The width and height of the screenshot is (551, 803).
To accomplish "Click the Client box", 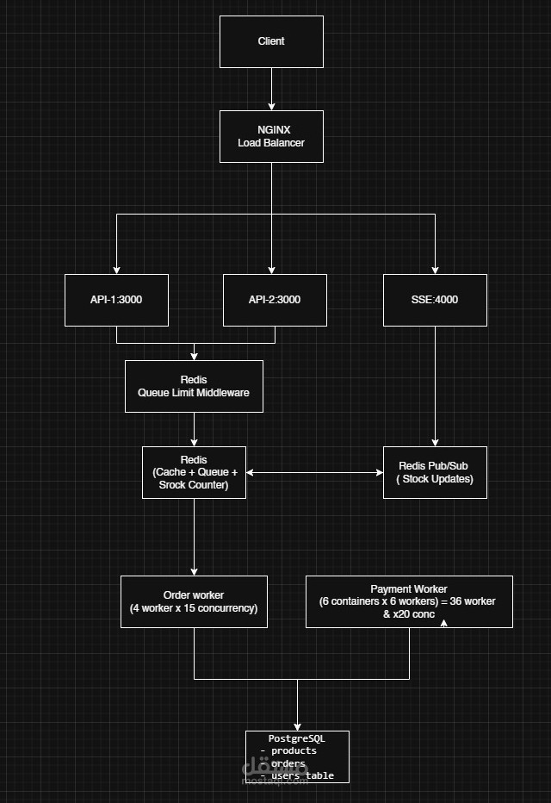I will click(x=271, y=41).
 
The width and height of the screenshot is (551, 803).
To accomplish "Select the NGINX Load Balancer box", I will click(x=271, y=136).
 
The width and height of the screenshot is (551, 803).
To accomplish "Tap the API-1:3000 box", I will click(x=116, y=300).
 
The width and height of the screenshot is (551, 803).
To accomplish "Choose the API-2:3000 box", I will click(x=275, y=300).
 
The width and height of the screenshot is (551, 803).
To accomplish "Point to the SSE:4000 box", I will click(x=435, y=300).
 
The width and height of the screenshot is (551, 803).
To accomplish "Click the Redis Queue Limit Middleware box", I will click(x=194, y=386).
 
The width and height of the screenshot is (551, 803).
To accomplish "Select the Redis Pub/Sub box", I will click(x=435, y=472).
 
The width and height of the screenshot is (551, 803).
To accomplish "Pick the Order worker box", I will click(x=194, y=601).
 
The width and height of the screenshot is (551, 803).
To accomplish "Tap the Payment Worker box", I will click(x=409, y=601).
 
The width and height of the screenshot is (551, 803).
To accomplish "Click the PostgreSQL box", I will click(x=297, y=756).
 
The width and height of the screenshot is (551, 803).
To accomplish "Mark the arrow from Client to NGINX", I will click(x=271, y=89).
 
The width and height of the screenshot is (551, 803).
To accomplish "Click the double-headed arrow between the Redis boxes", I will click(x=314, y=472).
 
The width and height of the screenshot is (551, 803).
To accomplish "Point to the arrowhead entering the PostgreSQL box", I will click(x=297, y=726).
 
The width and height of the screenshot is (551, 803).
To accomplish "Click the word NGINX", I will click(x=274, y=130).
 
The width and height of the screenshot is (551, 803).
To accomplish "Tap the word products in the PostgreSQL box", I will click(x=293, y=750).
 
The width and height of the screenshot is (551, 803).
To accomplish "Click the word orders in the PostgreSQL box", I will click(x=288, y=763).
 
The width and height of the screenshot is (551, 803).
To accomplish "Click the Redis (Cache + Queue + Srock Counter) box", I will click(x=194, y=472).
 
